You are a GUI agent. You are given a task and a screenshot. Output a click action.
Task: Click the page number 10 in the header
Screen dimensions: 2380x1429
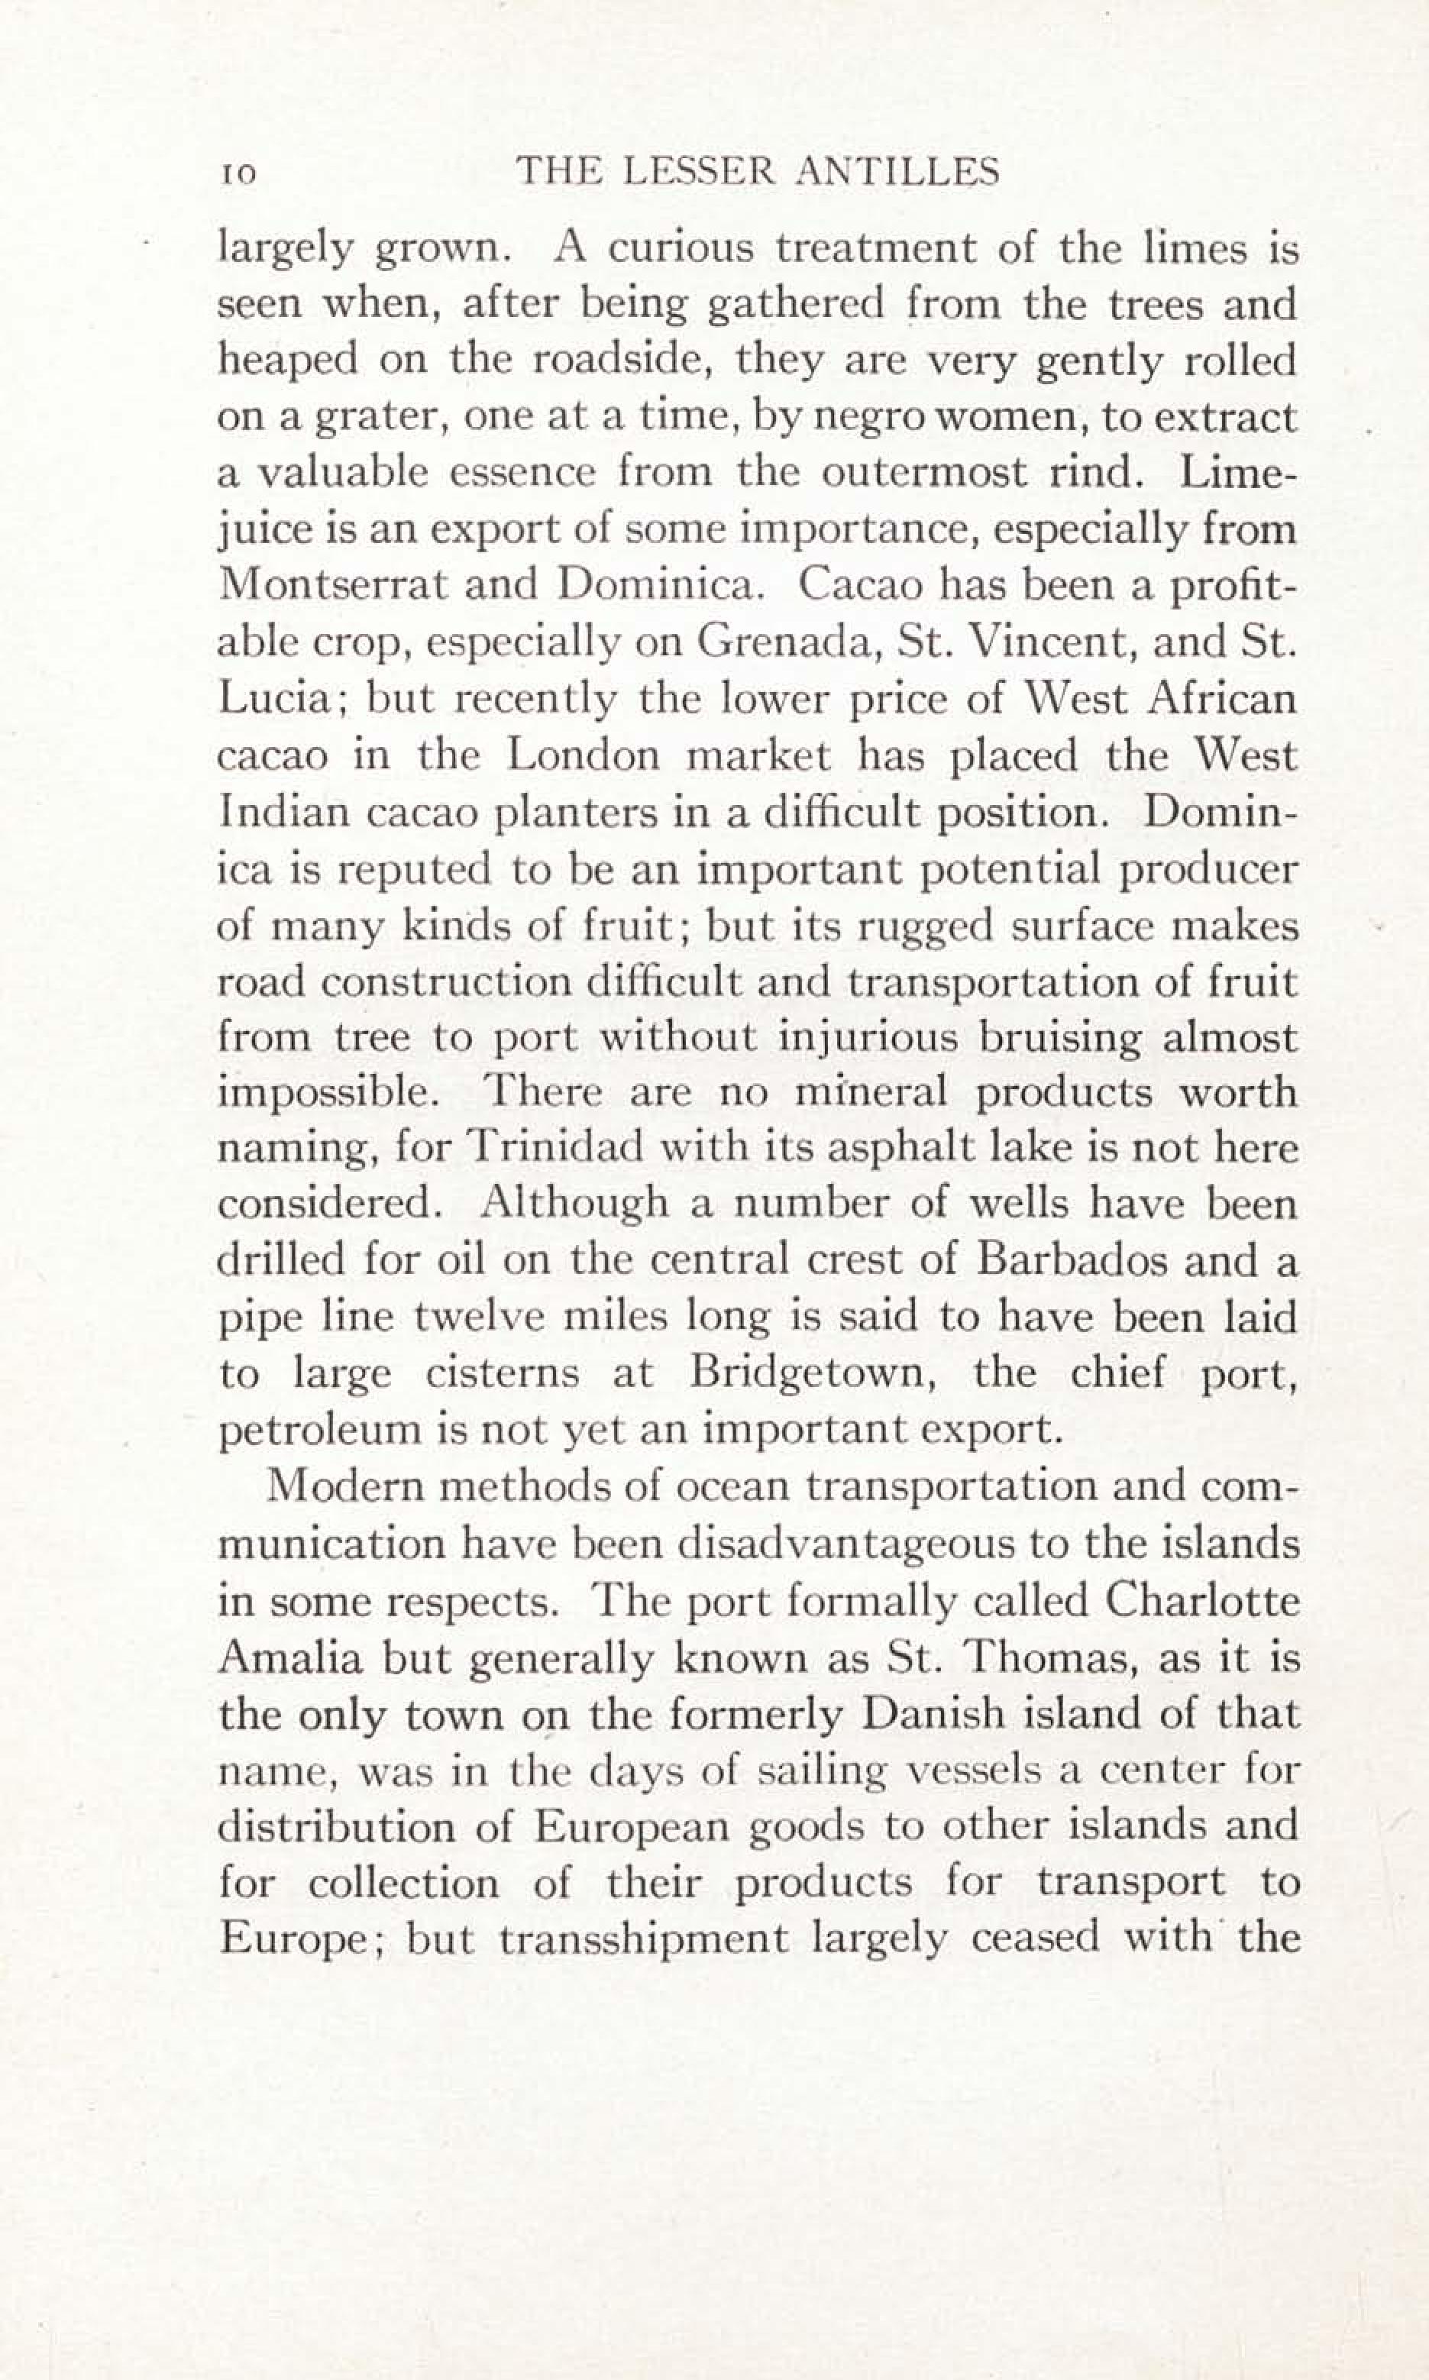click(x=237, y=173)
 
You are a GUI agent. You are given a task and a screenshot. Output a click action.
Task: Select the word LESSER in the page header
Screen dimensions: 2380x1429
click(x=698, y=173)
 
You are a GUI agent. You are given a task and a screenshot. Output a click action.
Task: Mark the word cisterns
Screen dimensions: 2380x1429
click(x=503, y=1373)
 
